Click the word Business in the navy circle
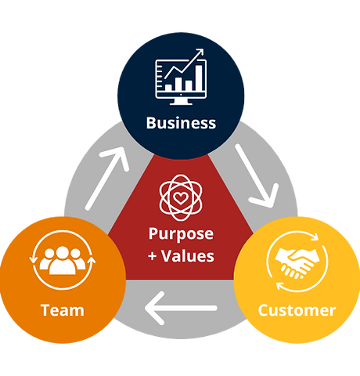[x=181, y=123]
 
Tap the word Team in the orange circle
[x=62, y=310]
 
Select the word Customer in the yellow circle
[x=297, y=310]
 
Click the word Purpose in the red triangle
[x=181, y=234]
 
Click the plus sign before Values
[x=153, y=256]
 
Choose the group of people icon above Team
[x=62, y=262]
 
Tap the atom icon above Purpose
[x=181, y=196]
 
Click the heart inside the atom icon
[x=181, y=197]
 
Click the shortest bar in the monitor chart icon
[x=167, y=86]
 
